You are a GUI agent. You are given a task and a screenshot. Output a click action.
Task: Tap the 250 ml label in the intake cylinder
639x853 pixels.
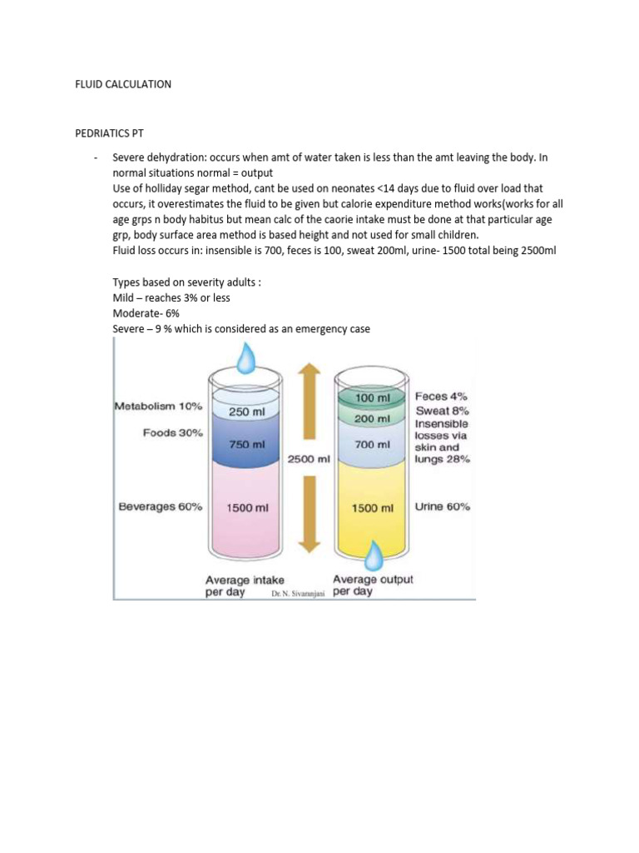(245, 411)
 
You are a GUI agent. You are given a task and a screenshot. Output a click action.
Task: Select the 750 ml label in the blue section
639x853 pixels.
(245, 444)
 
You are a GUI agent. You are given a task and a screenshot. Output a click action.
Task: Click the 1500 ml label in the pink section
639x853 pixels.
(245, 507)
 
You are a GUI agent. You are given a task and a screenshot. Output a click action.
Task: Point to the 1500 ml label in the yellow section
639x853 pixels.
(372, 507)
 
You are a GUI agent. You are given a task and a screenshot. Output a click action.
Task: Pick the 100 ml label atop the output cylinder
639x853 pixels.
(372, 398)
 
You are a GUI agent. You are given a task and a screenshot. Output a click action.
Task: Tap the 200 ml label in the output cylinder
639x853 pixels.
(372, 418)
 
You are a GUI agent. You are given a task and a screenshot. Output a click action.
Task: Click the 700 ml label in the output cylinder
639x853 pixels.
(372, 445)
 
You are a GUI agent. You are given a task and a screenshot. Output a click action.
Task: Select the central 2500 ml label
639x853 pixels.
(309, 458)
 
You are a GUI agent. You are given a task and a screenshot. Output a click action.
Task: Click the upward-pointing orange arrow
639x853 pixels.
(309, 400)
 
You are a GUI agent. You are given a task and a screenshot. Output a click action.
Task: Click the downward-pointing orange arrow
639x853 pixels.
(309, 516)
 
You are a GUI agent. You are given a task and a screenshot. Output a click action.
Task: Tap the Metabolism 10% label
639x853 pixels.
(158, 407)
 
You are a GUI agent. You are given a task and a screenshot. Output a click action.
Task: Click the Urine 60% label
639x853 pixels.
(442, 506)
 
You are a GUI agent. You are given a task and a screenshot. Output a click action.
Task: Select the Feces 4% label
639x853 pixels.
(442, 397)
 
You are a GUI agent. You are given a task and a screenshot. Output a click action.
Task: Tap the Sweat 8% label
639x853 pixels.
(442, 411)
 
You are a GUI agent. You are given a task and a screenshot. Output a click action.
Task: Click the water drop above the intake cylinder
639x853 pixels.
(246, 359)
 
